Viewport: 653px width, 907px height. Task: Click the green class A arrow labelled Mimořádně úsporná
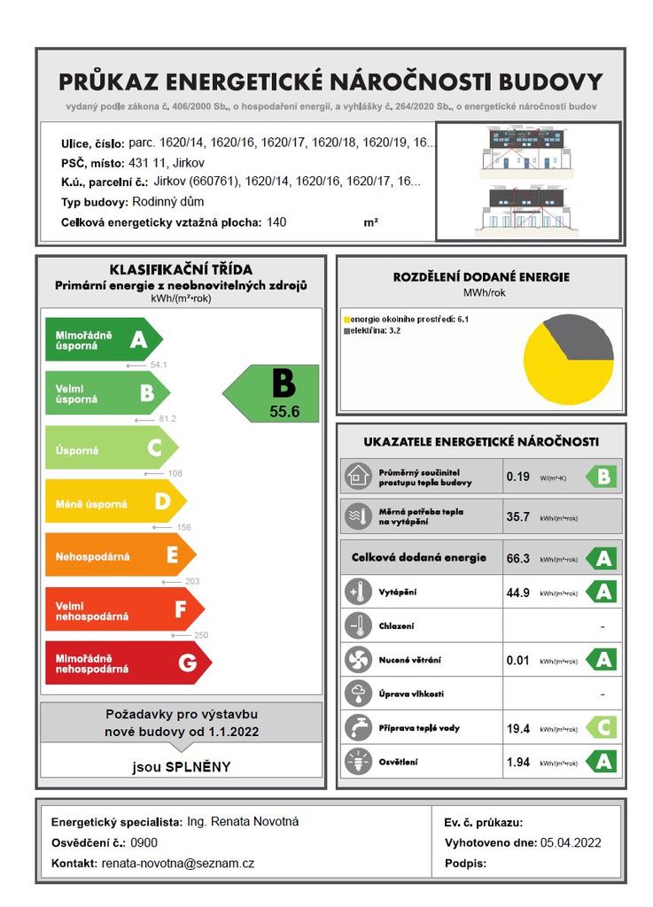(x=102, y=339)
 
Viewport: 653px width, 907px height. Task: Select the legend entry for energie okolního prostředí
(x=402, y=318)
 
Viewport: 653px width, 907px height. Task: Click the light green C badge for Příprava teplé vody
(x=601, y=728)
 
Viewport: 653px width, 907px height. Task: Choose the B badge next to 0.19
(x=602, y=477)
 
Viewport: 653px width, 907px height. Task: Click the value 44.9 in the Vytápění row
(x=517, y=592)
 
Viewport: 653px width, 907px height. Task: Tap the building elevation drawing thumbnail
(x=527, y=182)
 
